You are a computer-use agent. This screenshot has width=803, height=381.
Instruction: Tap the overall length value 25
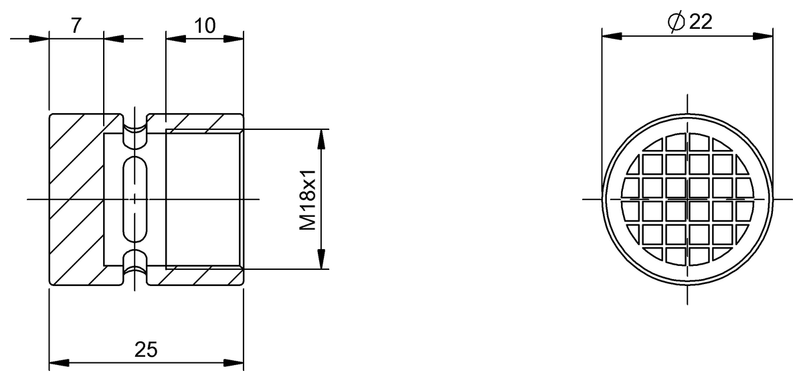click(x=146, y=349)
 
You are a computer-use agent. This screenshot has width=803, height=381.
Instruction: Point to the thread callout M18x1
click(x=307, y=200)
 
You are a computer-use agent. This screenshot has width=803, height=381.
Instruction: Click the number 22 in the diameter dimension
click(x=699, y=21)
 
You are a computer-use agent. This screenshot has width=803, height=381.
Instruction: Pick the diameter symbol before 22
click(x=676, y=22)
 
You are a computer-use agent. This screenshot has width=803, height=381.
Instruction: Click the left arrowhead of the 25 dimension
click(x=59, y=364)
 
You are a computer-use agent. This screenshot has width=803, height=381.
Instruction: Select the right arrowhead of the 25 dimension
click(x=234, y=364)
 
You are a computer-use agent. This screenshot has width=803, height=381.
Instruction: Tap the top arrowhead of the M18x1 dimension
click(x=322, y=139)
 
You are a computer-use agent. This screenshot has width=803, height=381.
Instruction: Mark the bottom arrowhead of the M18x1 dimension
click(x=322, y=259)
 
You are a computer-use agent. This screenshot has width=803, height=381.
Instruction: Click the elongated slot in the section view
click(x=136, y=200)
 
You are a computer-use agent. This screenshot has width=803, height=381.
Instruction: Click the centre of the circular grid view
click(x=687, y=199)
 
